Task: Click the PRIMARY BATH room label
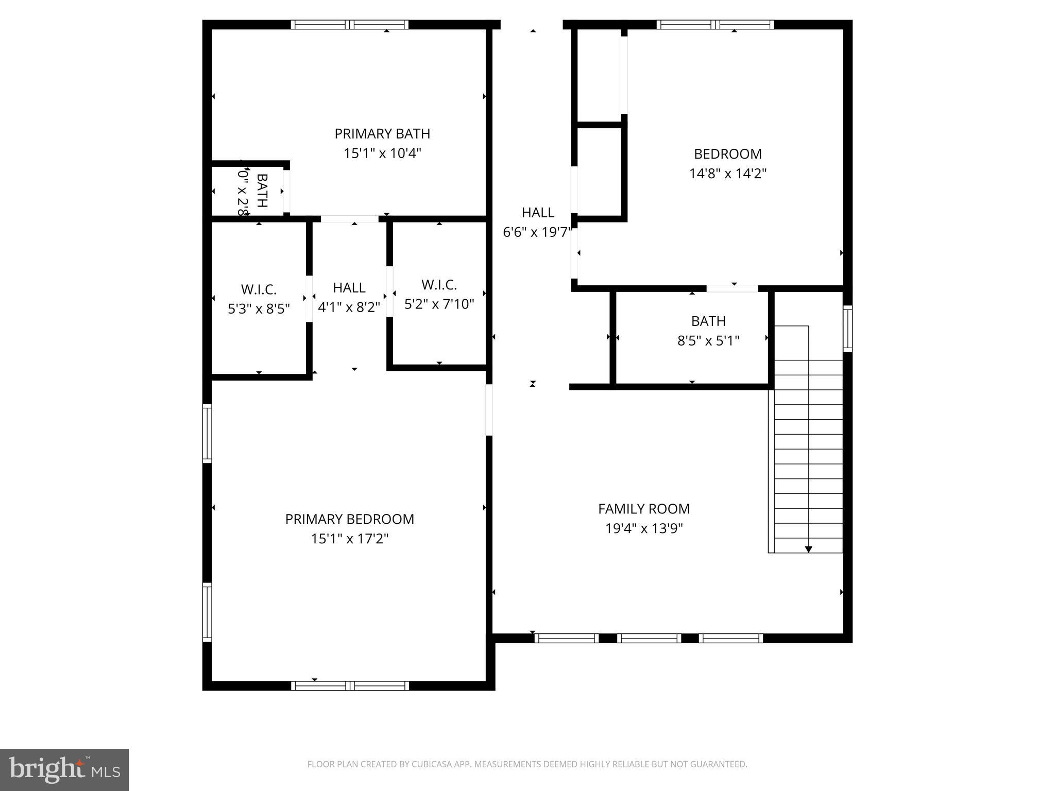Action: coord(382,134)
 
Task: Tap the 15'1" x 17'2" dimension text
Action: coord(350,539)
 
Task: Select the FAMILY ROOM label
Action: coord(644,509)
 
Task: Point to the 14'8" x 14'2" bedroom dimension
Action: coord(728,174)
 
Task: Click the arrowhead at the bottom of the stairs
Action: coord(808,549)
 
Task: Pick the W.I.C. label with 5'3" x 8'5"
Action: coord(259,289)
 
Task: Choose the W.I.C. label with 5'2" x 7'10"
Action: coord(439,285)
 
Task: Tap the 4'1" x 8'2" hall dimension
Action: coord(349,307)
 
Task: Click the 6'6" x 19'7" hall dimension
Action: coord(537,233)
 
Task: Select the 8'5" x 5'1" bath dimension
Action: coord(708,341)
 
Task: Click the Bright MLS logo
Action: coord(64,770)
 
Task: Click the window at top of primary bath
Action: coord(350,24)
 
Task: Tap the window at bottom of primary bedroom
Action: coord(350,685)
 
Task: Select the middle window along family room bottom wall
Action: coord(649,638)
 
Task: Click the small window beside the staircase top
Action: coord(847,329)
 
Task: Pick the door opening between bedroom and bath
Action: coord(732,288)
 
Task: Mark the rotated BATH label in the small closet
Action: coord(262,191)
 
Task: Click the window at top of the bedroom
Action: coord(716,24)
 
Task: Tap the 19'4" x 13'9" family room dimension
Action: coord(644,529)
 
